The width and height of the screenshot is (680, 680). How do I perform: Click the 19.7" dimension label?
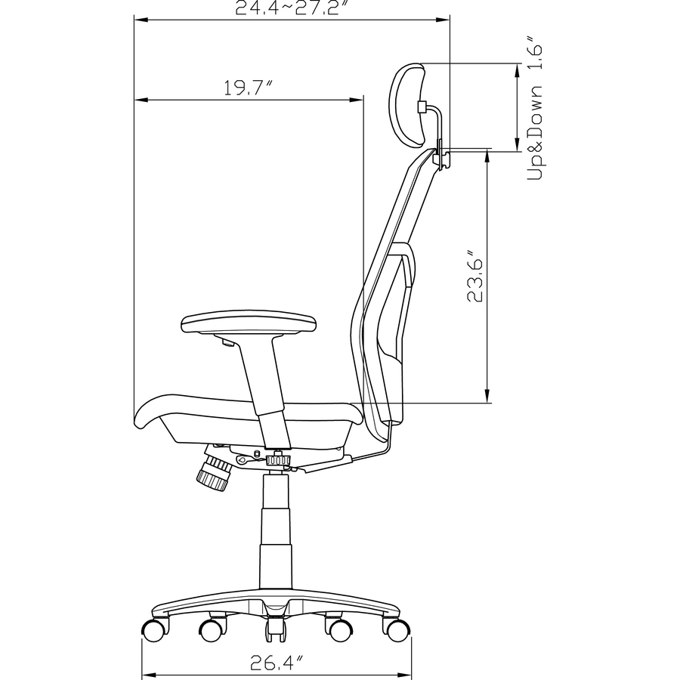pyautogui.click(x=247, y=88)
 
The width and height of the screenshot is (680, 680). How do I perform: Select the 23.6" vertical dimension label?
pyautogui.click(x=474, y=276)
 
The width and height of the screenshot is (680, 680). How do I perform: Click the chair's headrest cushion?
pyautogui.click(x=408, y=106)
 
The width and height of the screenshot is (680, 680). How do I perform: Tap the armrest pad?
pyautogui.click(x=249, y=324)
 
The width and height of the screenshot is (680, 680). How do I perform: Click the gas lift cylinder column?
pyautogui.click(x=275, y=529)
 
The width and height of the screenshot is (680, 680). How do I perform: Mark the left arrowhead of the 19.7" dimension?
pyautogui.click(x=139, y=100)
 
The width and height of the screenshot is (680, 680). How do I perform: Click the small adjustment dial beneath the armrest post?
pyautogui.click(x=279, y=459)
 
